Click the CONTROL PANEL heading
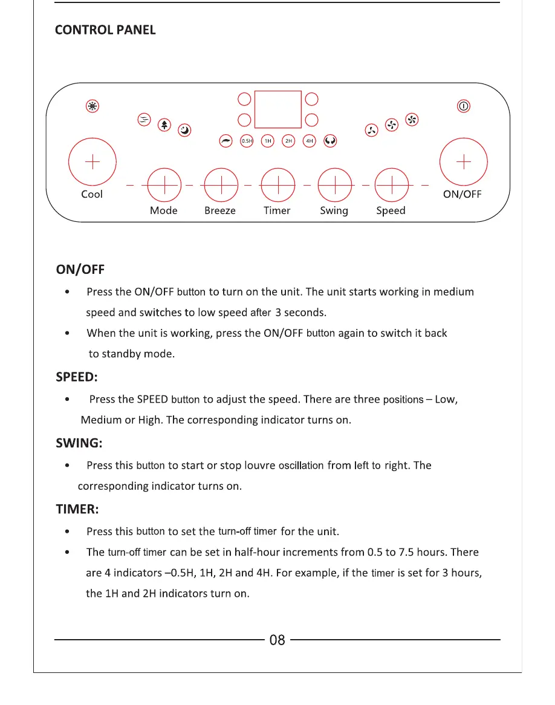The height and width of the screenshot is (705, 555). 105,30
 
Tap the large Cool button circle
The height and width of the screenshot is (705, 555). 92,162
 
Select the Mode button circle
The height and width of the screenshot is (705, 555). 164,184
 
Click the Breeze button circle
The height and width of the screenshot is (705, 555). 220,184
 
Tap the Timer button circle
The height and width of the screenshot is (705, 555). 277,184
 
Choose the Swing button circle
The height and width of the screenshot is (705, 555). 334,184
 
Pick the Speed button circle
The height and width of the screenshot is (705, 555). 391,184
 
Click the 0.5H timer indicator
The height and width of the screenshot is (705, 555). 247,141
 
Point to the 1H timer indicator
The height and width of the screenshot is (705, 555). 267,141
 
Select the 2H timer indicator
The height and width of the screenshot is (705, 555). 288,141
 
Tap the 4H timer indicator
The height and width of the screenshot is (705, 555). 310,141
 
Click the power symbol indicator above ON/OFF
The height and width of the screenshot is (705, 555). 463,106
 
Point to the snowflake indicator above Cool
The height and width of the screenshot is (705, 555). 92,106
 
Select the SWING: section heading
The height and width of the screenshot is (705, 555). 79,443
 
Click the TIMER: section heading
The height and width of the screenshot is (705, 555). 77,509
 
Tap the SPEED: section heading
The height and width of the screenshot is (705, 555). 76,377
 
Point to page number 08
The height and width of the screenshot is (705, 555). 277,640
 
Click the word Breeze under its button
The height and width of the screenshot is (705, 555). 220,211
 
